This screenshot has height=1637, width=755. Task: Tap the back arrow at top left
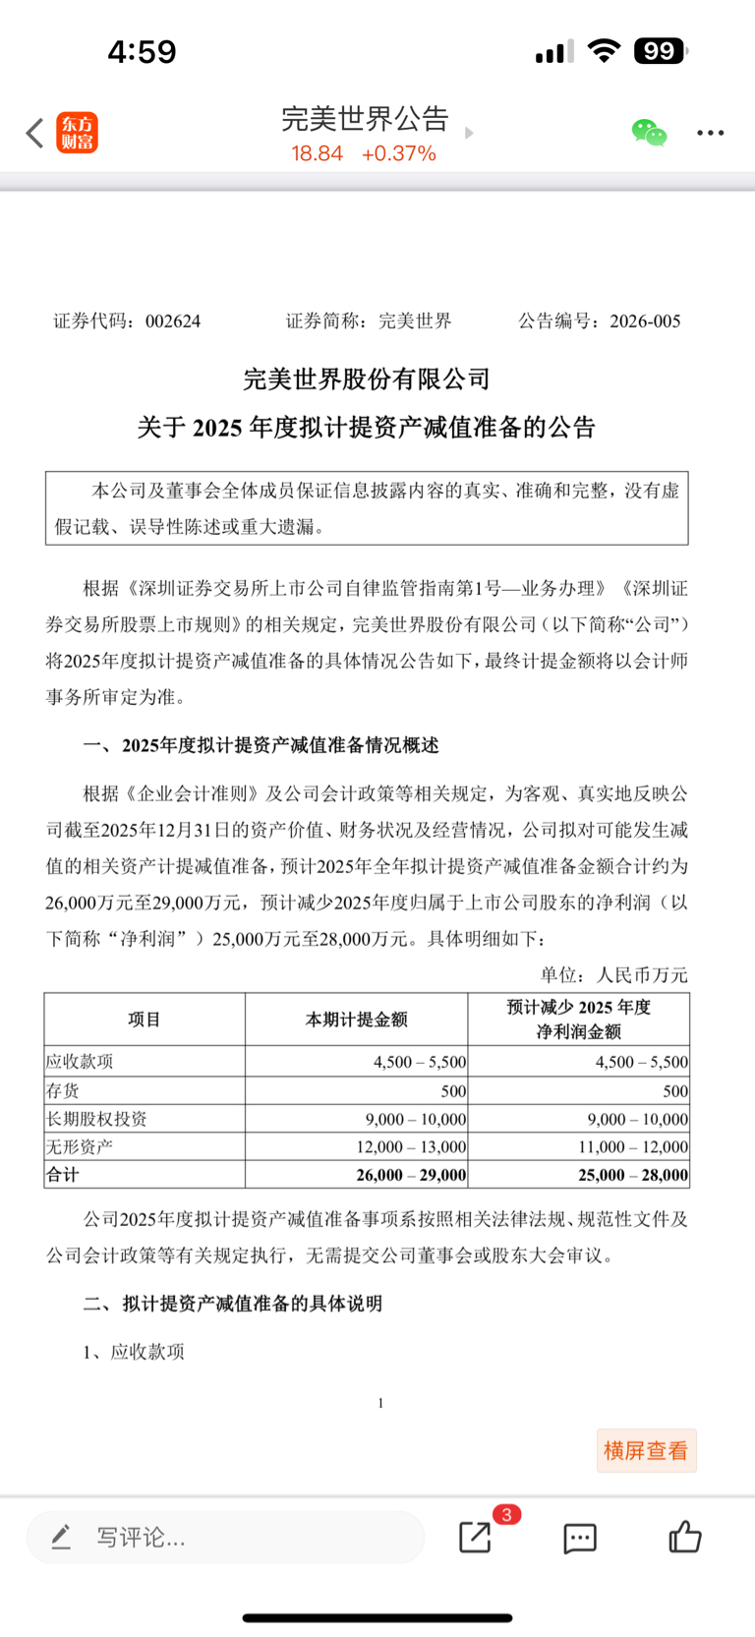click(35, 133)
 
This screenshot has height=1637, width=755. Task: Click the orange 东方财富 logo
click(78, 133)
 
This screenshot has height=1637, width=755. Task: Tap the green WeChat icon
click(649, 133)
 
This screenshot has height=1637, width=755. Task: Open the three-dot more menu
click(710, 133)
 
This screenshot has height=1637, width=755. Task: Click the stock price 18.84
click(317, 153)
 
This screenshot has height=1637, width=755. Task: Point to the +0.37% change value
click(398, 153)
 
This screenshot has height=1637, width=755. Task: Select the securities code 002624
click(173, 322)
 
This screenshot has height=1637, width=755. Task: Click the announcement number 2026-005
click(645, 322)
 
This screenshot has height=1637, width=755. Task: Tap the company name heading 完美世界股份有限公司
click(367, 379)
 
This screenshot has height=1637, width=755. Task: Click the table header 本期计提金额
click(356, 1020)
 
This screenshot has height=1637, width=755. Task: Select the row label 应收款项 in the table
click(81, 1062)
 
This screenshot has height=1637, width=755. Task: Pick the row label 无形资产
click(81, 1146)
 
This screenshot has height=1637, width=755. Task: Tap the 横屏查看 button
click(646, 1450)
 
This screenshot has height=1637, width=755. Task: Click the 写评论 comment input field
click(226, 1537)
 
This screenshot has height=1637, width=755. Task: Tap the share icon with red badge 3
click(476, 1537)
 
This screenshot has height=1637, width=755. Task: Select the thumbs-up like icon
click(685, 1536)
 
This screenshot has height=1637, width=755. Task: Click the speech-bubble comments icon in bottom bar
click(580, 1538)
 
